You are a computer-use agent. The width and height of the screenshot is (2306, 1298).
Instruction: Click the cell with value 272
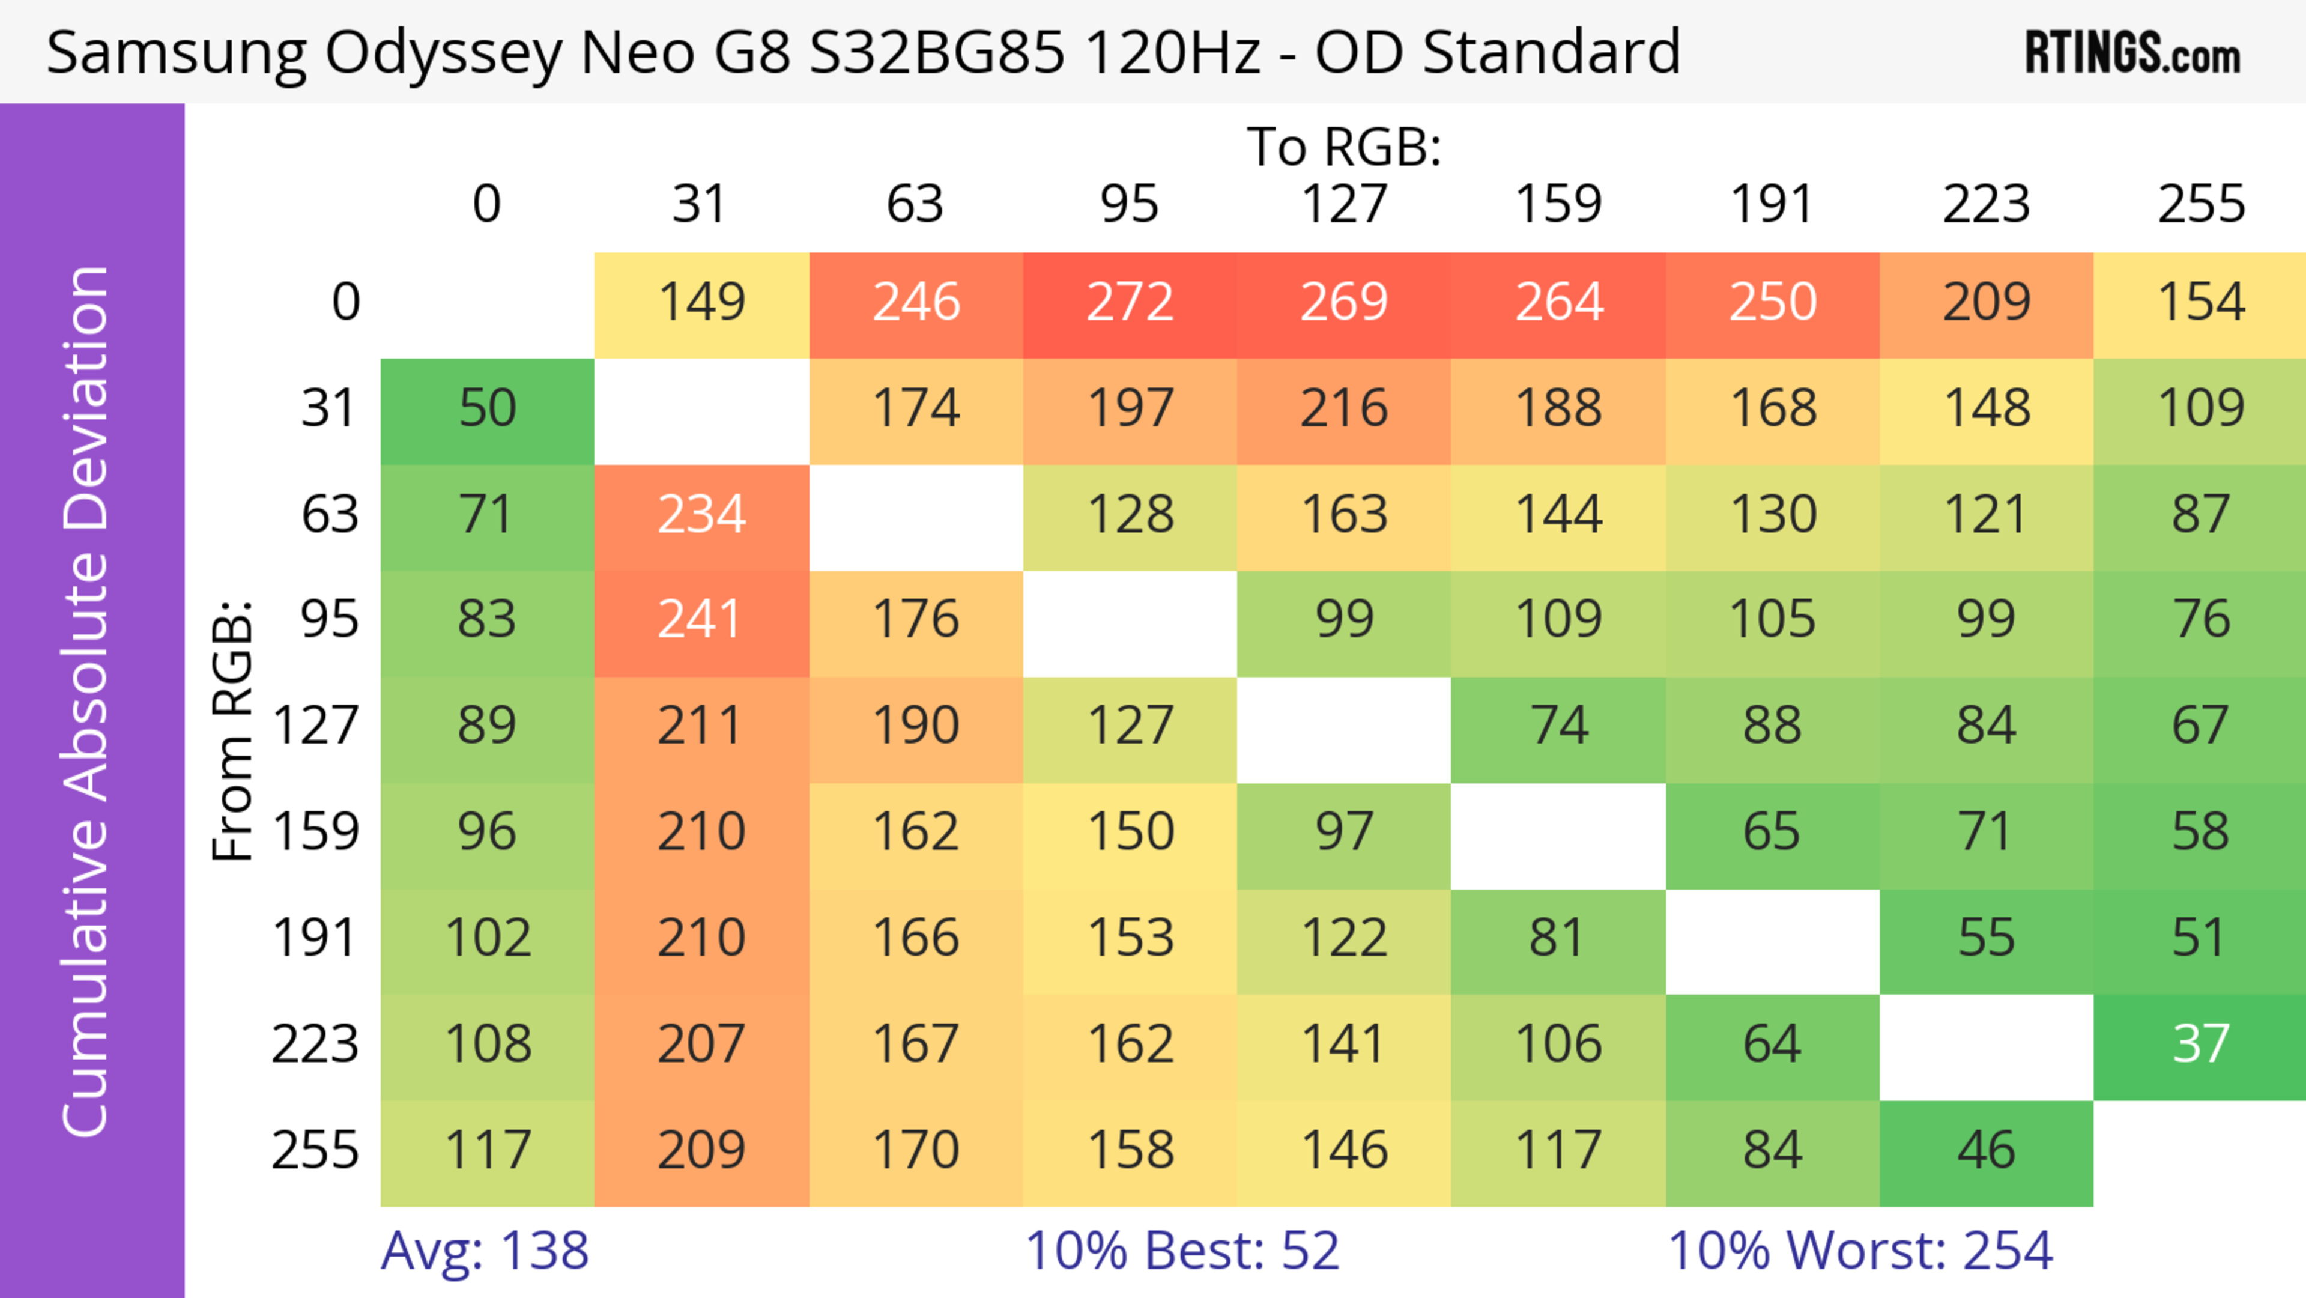click(1130, 303)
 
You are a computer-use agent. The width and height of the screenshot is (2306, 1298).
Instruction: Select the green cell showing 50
click(487, 409)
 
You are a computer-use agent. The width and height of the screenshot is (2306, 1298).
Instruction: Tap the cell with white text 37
click(2200, 1045)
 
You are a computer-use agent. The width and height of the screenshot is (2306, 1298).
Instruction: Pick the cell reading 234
click(701, 515)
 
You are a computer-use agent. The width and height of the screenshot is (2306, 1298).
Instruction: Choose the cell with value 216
click(1344, 409)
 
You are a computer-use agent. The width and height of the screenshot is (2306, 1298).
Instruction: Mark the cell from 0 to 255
click(2200, 303)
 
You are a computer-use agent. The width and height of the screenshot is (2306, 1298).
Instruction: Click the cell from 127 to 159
click(1558, 726)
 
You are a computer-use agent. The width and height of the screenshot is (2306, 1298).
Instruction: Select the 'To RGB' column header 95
click(1130, 204)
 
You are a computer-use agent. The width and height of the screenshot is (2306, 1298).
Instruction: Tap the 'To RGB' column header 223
click(1985, 204)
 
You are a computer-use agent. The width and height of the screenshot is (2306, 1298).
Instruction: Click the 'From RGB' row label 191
click(315, 938)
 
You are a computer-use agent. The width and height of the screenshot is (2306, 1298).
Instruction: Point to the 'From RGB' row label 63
click(330, 515)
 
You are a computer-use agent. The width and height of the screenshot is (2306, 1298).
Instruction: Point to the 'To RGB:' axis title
click(1344, 147)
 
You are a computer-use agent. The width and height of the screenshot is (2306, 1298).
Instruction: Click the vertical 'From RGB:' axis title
click(233, 730)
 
